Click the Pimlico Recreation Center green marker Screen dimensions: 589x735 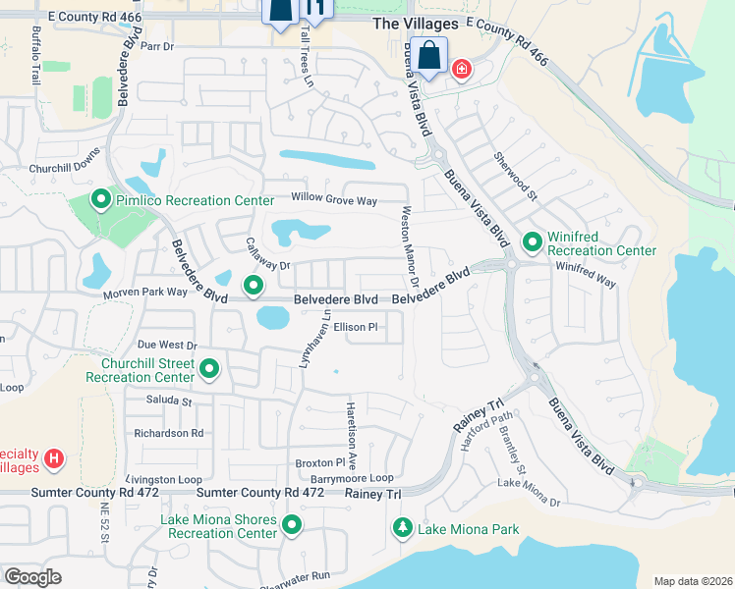click(100, 200)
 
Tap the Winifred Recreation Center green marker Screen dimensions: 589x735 click(532, 241)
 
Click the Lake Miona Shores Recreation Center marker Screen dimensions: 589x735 click(292, 525)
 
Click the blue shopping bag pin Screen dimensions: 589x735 click(430, 57)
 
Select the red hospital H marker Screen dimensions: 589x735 click(55, 458)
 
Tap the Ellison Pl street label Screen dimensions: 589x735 click(355, 327)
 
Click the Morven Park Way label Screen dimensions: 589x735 click(143, 293)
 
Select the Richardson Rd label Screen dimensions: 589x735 click(169, 432)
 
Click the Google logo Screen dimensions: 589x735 click(33, 577)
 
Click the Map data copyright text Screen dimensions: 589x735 click(692, 581)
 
